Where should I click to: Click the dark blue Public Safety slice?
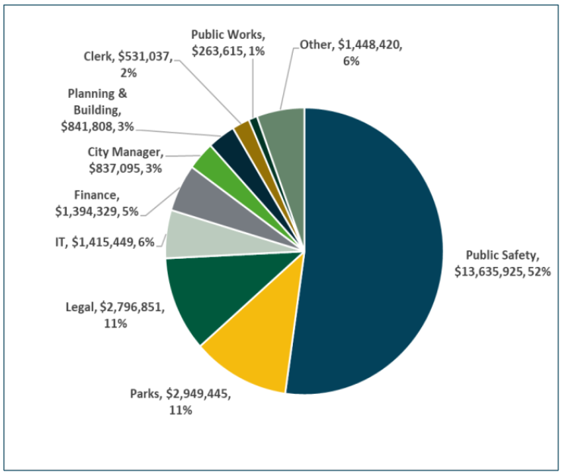[x=372, y=250]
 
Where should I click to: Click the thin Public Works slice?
[x=256, y=122]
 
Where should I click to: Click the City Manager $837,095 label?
[x=125, y=159]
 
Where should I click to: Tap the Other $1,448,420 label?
[x=351, y=52]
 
